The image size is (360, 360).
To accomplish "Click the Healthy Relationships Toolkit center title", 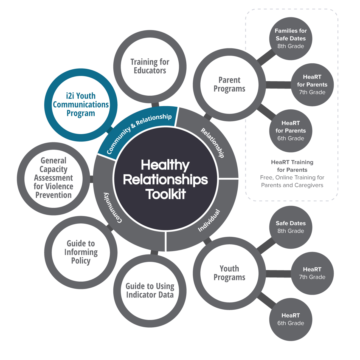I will click(165, 180).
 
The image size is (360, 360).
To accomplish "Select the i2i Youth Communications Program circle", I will click(81, 105).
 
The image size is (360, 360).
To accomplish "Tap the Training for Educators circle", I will click(150, 66).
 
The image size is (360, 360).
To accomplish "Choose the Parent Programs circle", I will click(229, 84).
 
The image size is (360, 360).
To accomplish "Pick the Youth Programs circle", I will click(229, 273).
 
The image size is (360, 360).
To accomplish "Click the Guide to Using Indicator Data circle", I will click(150, 291).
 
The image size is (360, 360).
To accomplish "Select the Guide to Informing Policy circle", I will click(81, 252).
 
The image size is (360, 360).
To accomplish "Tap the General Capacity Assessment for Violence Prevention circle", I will click(54, 178).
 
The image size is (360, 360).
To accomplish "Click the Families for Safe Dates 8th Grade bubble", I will click(291, 38).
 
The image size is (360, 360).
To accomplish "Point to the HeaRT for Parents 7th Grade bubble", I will click(312, 84).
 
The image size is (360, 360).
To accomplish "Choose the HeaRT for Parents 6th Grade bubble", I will click(291, 131).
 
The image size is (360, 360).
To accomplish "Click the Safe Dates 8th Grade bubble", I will click(291, 227).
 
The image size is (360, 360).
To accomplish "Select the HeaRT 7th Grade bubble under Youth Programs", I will click(312, 273).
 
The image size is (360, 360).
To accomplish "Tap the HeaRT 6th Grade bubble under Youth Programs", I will click(291, 319).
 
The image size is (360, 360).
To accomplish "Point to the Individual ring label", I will click(209, 220).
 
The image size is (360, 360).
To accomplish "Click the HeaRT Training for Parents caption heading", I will click(292, 166).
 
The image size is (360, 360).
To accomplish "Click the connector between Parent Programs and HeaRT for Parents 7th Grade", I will click(278, 85).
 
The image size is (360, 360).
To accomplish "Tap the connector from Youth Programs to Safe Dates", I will click(266, 246).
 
